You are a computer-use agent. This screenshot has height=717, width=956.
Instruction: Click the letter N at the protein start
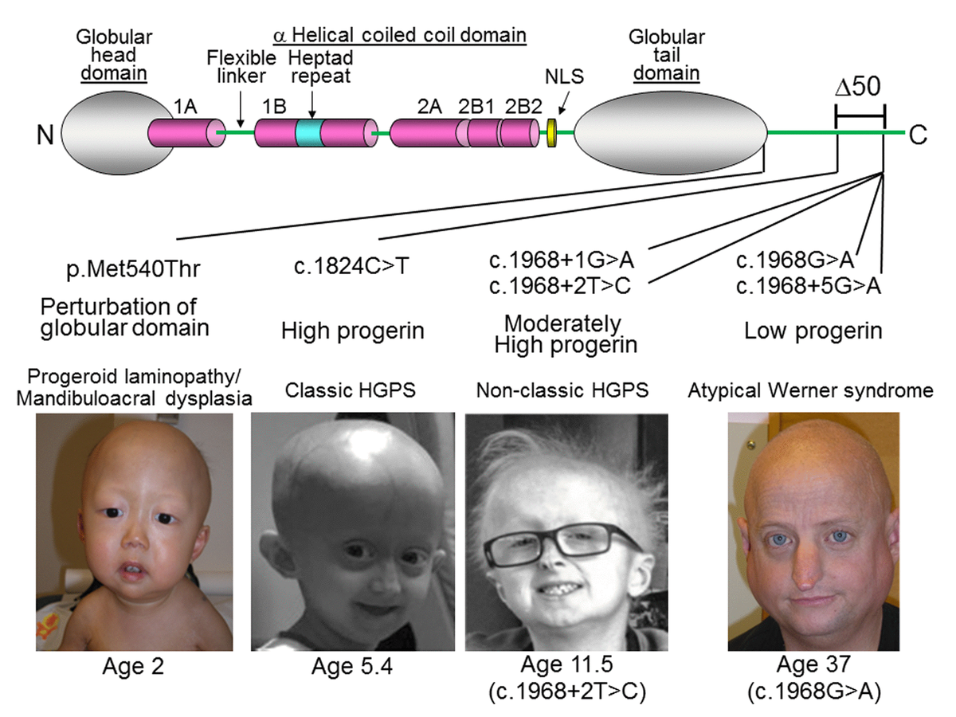click(x=45, y=135)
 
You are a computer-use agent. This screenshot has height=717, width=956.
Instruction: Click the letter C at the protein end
click(x=918, y=135)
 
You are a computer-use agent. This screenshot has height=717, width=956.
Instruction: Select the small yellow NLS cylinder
click(x=550, y=132)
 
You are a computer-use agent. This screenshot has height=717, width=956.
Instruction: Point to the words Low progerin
click(x=813, y=331)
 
